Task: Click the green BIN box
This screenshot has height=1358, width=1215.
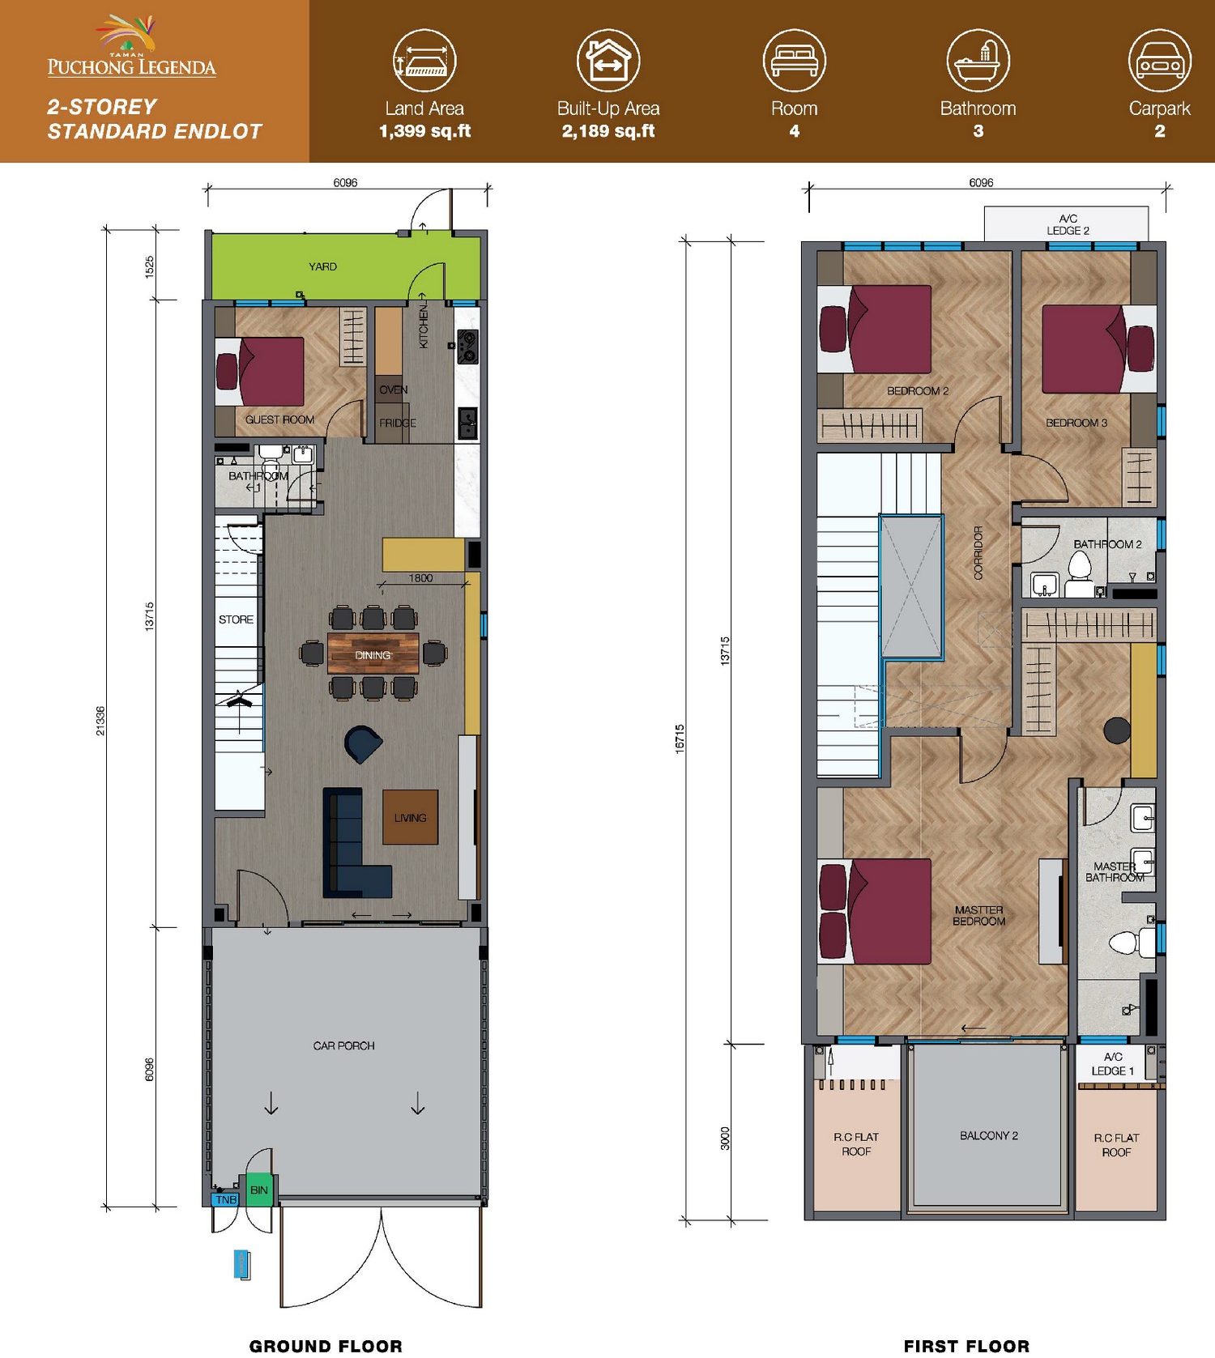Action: (x=259, y=1190)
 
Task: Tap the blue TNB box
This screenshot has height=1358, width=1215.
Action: (x=226, y=1199)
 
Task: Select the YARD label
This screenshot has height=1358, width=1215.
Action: (x=322, y=266)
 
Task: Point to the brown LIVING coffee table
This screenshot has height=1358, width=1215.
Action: (x=411, y=817)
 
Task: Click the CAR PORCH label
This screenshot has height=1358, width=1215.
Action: (x=344, y=1045)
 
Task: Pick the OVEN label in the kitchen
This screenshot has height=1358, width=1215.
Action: (x=394, y=390)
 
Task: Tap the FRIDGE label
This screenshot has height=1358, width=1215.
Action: (x=398, y=423)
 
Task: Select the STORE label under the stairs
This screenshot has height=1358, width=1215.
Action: (x=236, y=619)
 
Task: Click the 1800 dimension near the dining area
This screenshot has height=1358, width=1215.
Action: (x=420, y=578)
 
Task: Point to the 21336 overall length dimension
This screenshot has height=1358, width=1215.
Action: (x=100, y=721)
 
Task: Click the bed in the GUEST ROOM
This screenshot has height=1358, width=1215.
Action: (x=260, y=372)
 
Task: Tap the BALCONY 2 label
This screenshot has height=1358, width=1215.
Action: (x=989, y=1135)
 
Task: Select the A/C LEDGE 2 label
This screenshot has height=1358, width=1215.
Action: (x=1068, y=224)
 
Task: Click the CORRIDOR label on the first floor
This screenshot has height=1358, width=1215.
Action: (x=978, y=552)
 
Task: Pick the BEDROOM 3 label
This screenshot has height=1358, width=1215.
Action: (x=1076, y=423)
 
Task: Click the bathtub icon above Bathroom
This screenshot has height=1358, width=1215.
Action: (x=978, y=61)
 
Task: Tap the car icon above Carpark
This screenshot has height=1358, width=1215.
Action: (x=1160, y=61)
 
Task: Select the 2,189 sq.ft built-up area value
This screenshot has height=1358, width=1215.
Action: (x=608, y=131)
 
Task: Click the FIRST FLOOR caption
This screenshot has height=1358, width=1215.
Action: (x=967, y=1346)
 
